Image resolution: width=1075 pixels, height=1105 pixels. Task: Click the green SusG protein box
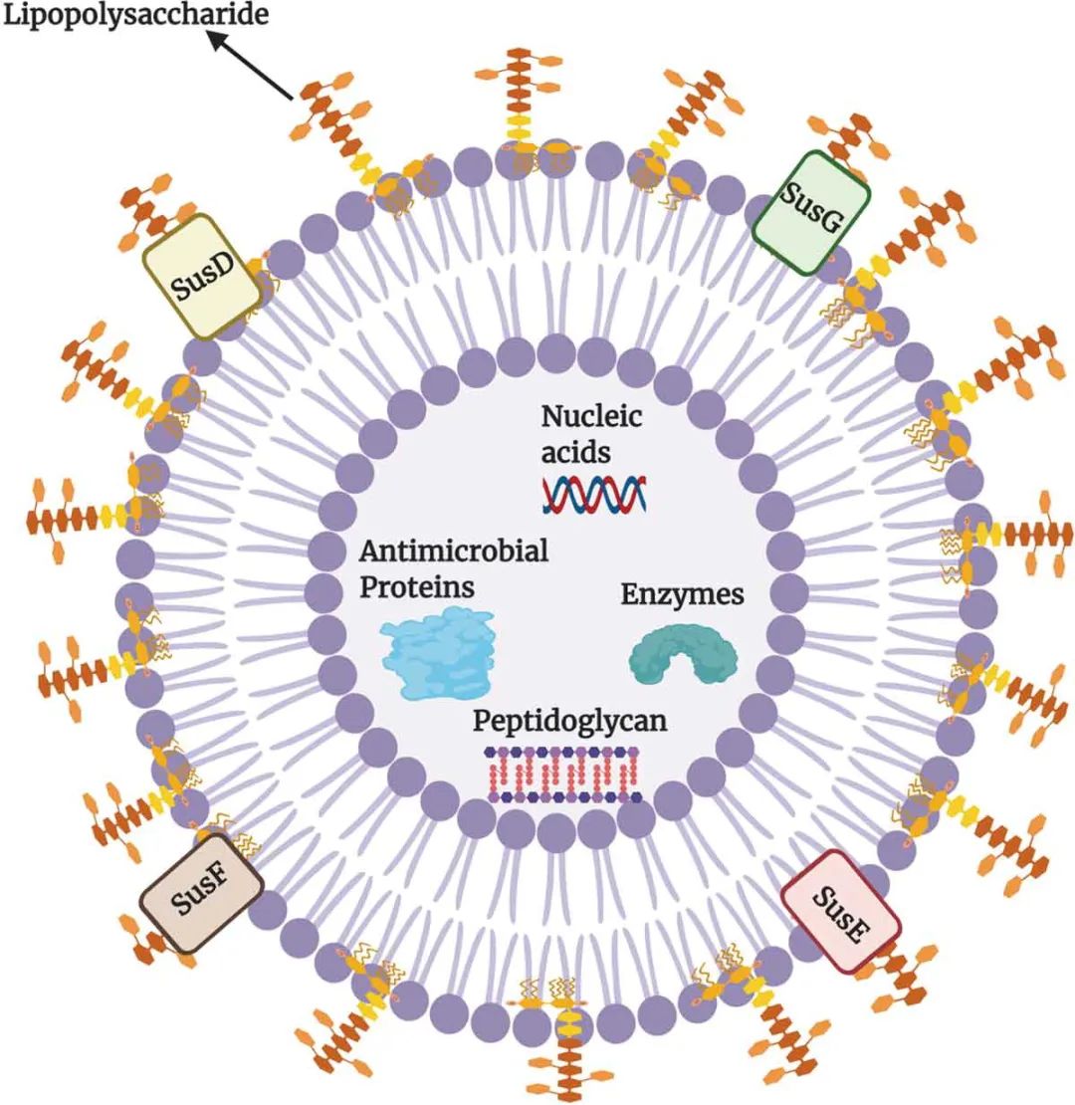(x=811, y=211)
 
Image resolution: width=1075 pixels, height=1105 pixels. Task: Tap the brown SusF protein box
(x=202, y=892)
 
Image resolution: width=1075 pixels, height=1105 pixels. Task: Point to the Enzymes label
(x=682, y=595)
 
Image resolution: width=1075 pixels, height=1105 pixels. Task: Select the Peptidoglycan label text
(x=569, y=719)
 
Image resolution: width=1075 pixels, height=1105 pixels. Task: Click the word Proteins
(x=416, y=587)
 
